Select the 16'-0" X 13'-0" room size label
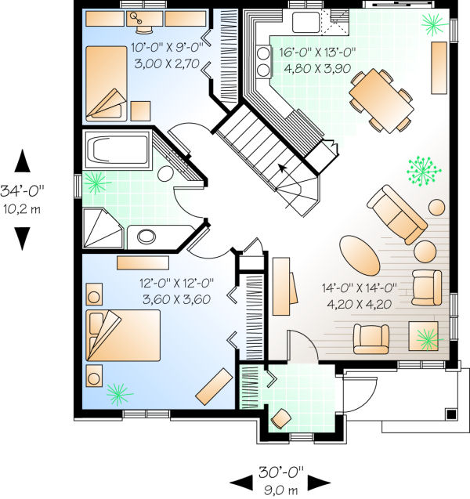tap(317, 52)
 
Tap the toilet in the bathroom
tap(166, 175)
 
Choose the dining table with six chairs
tap(381, 99)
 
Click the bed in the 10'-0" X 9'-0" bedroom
tap(109, 82)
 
